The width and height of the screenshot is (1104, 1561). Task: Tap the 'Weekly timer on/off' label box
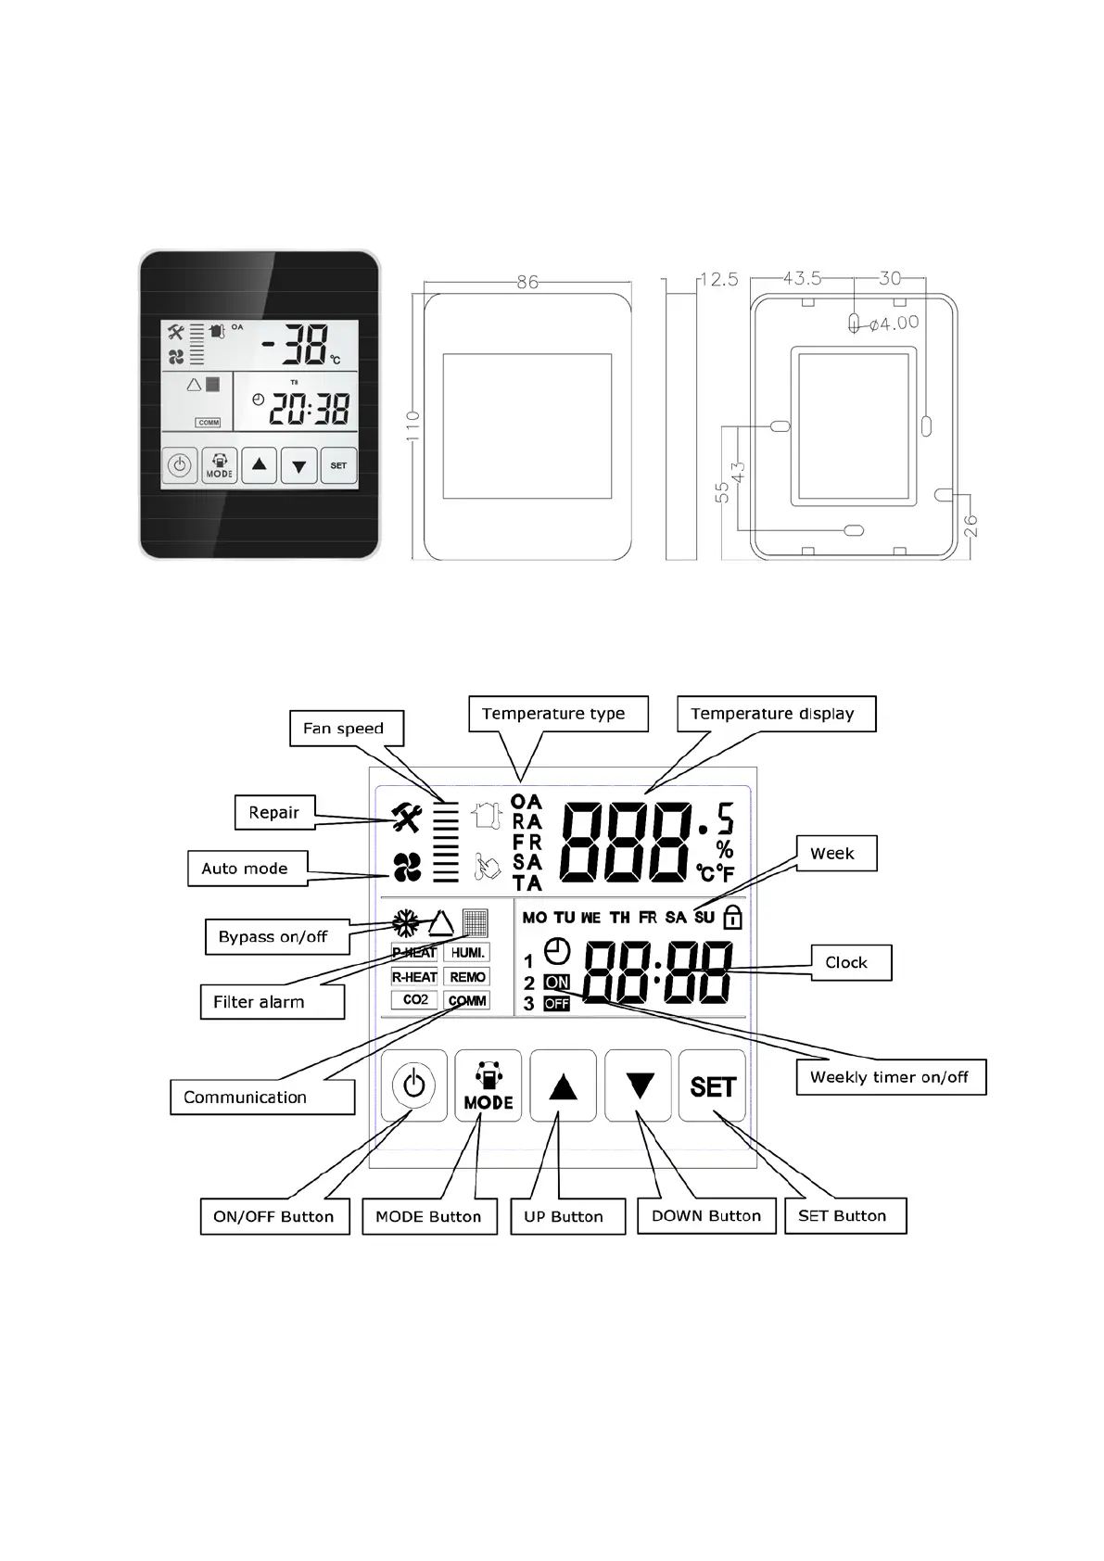click(x=891, y=1077)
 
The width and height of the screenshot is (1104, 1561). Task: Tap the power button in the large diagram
click(x=413, y=1085)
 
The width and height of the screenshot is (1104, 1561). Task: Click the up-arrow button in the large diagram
click(x=563, y=1085)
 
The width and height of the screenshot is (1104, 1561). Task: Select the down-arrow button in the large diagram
click(x=639, y=1085)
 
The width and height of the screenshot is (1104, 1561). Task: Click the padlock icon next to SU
click(x=732, y=918)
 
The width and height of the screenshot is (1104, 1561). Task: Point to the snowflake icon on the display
click(x=405, y=923)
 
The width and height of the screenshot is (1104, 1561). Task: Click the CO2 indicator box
click(x=415, y=1000)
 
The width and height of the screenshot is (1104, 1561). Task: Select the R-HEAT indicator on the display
click(x=414, y=977)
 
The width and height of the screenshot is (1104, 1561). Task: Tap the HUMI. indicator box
click(x=468, y=953)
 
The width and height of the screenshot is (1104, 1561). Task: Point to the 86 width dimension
click(x=527, y=282)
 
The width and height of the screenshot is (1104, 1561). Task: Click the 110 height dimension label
click(x=413, y=426)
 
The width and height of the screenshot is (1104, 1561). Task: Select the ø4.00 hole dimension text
click(x=895, y=324)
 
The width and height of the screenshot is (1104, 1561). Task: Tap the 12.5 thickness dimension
click(x=718, y=279)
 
